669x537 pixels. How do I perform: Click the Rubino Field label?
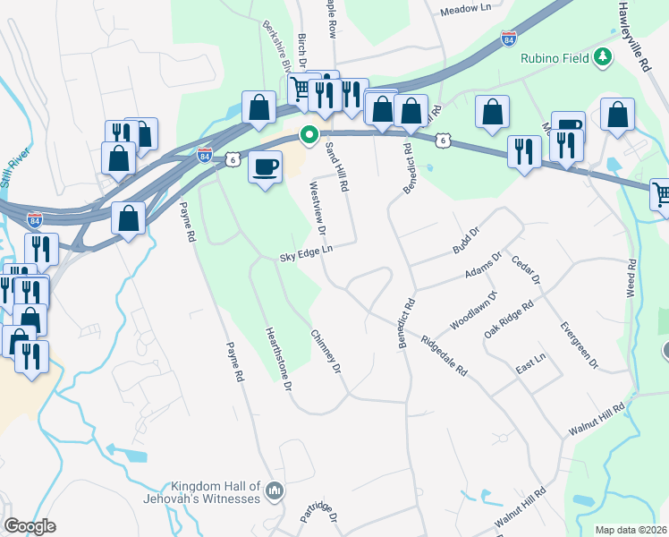pos(554,57)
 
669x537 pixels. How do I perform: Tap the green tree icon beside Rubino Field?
pos(604,57)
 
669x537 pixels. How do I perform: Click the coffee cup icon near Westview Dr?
pos(265,166)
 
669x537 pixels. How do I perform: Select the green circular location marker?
pos(309,136)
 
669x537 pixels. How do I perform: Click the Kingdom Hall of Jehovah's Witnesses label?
pos(210,491)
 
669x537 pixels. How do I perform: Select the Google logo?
pos(30,526)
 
